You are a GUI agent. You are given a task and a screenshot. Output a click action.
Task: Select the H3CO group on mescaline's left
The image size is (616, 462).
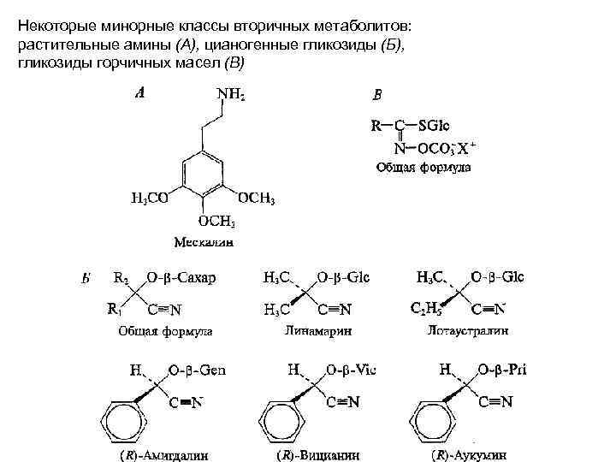pyautogui.click(x=148, y=199)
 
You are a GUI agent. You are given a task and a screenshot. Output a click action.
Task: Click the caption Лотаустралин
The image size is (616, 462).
pyautogui.click(x=465, y=329)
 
